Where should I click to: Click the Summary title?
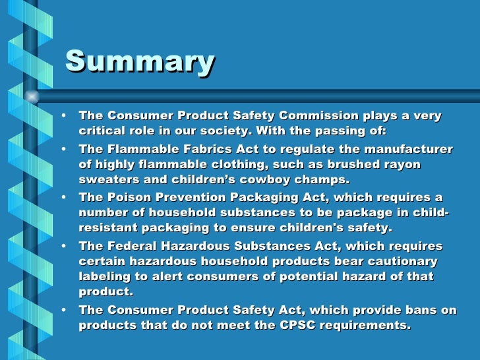pos(140,62)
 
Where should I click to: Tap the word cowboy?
pos(254,179)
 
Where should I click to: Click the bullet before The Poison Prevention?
pos(63,197)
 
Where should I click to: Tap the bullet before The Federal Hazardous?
pos(63,246)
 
